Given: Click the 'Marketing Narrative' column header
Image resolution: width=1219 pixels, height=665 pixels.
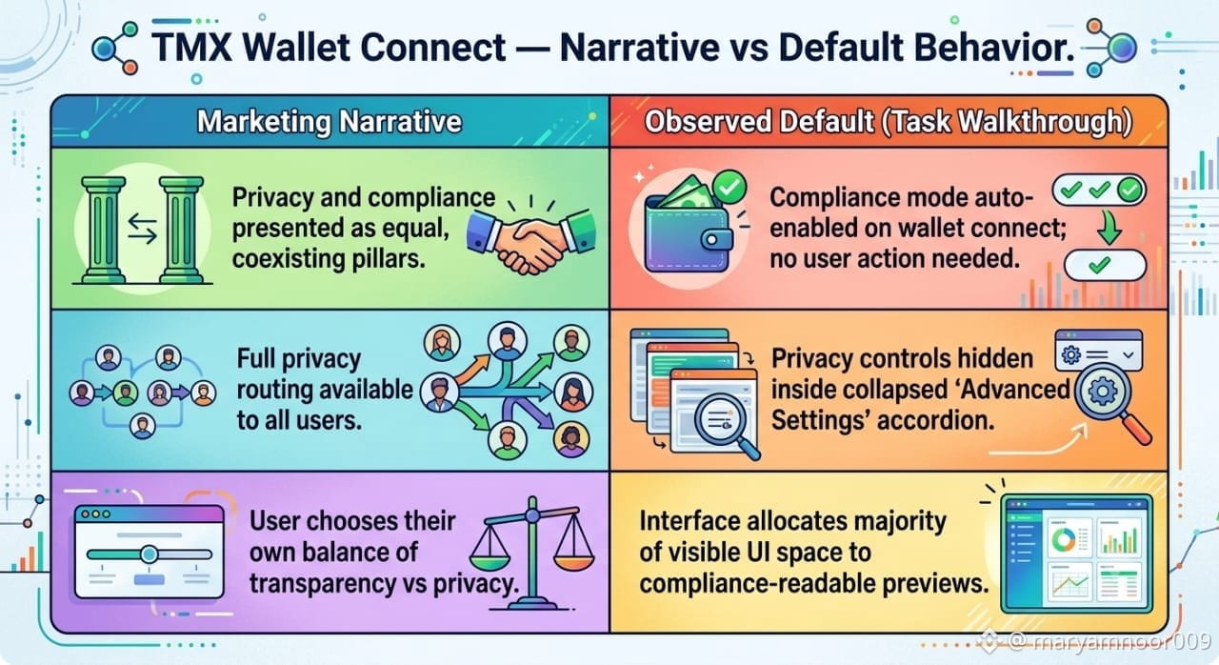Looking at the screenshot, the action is click(x=330, y=121).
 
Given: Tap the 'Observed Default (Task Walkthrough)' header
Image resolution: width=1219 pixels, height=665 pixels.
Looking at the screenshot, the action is click(x=889, y=121).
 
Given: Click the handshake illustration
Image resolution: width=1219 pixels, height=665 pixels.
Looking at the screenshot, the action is click(x=530, y=239).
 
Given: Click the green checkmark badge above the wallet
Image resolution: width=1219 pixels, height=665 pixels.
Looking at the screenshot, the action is click(x=729, y=187).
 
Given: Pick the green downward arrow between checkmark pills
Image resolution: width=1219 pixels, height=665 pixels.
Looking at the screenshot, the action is click(x=1108, y=229).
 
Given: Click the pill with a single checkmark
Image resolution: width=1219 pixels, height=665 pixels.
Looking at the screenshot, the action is click(x=1104, y=265).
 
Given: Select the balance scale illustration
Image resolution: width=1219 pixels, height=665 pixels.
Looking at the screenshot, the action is click(x=531, y=553).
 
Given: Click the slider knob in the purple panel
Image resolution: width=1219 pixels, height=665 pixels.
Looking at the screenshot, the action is click(x=149, y=554).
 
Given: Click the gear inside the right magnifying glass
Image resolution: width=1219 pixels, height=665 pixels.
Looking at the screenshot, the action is click(x=1103, y=392).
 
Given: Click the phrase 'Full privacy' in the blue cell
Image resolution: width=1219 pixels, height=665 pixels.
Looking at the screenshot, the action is click(x=299, y=360).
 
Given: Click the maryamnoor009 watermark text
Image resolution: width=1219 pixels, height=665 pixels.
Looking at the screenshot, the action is click(x=1110, y=641).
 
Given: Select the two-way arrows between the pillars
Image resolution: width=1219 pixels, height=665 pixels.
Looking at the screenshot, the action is click(x=143, y=229).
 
